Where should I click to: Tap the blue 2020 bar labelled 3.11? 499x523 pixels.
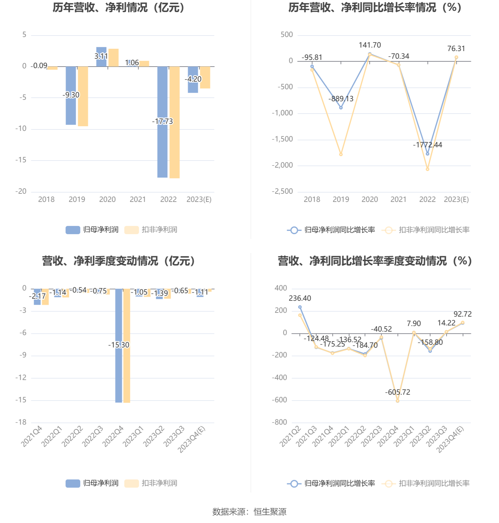[101, 51]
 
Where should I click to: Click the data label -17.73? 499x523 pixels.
[162, 121]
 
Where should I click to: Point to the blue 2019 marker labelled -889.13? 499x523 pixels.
[341, 108]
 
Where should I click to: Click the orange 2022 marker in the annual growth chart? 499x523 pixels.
[427, 169]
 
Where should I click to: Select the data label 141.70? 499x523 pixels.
[370, 45]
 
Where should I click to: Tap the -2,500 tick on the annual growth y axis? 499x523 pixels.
[282, 191]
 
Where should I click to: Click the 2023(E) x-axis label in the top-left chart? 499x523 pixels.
[199, 200]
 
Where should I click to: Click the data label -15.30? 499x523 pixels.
[119, 345]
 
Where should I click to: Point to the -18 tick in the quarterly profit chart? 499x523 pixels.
[21, 422]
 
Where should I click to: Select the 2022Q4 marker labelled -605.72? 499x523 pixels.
[397, 401]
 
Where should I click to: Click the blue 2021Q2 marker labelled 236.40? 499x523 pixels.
[300, 307]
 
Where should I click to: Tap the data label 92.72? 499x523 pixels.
[462, 314]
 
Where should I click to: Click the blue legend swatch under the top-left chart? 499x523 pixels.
[73, 230]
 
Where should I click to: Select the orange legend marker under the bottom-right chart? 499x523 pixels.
[389, 483]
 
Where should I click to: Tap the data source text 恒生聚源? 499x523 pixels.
[270, 512]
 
